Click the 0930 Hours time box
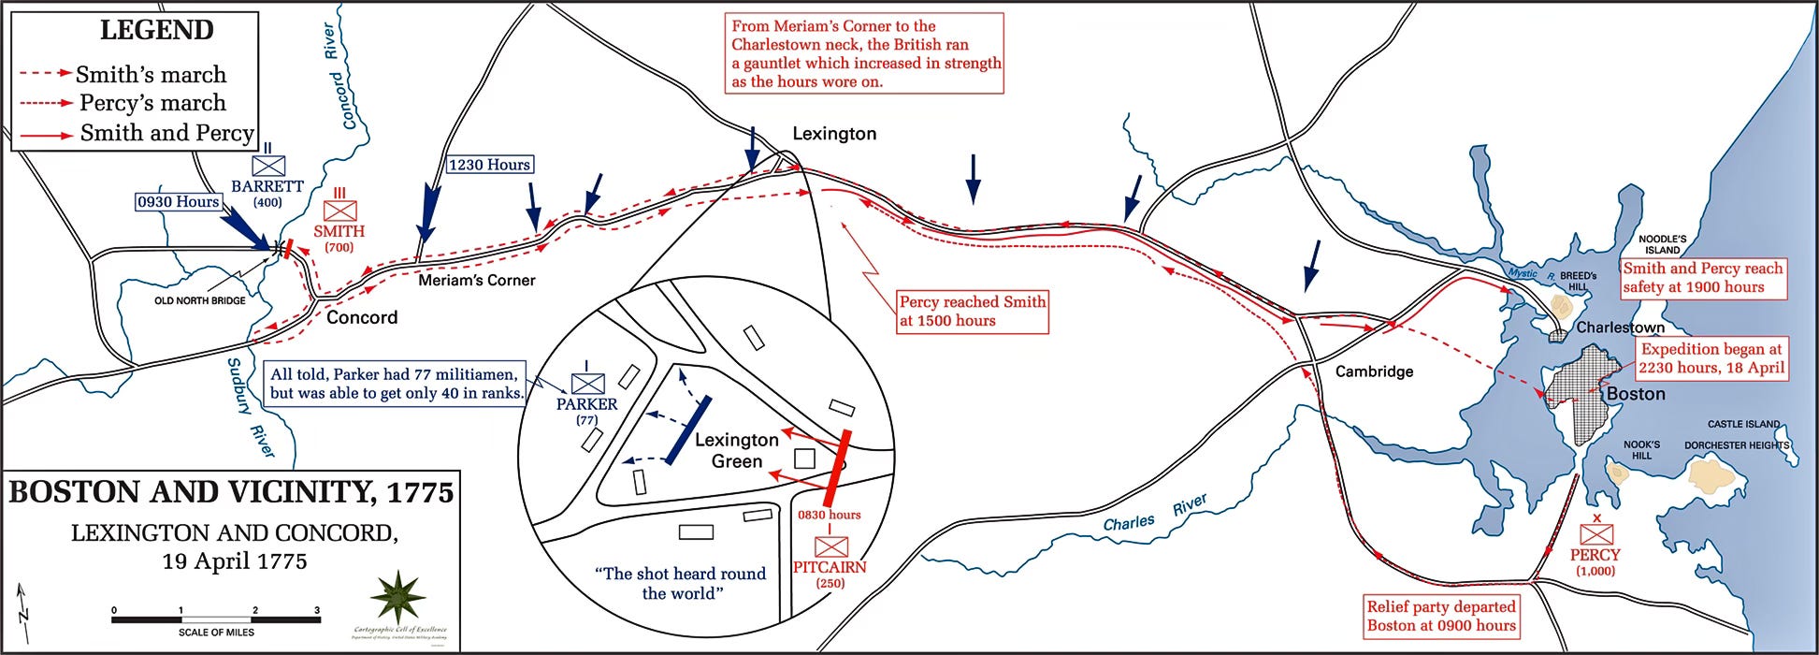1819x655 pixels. pyautogui.click(x=178, y=202)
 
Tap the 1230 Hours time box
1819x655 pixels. pyautogui.click(x=489, y=165)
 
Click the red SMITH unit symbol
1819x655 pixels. pyautogui.click(x=339, y=211)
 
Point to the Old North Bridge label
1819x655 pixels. pyautogui.click(x=200, y=300)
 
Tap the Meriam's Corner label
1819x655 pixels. pyautogui.click(x=477, y=280)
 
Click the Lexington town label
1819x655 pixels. pyautogui.click(x=834, y=134)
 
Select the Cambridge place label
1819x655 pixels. pyautogui.click(x=1374, y=371)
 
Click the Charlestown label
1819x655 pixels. pyautogui.click(x=1620, y=327)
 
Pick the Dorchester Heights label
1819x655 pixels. pyautogui.click(x=1736, y=445)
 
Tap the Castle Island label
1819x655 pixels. pyautogui.click(x=1743, y=424)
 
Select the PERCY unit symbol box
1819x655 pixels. pyautogui.click(x=1595, y=534)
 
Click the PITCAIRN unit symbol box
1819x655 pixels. pyautogui.click(x=830, y=546)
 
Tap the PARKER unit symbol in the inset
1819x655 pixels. pyautogui.click(x=587, y=383)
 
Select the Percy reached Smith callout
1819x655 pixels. pyautogui.click(x=973, y=312)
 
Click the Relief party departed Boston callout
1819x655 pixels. pyautogui.click(x=1440, y=616)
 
